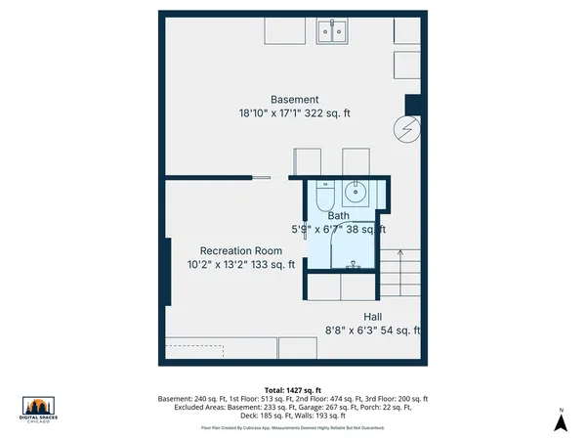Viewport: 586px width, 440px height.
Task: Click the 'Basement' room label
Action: pos(294,99)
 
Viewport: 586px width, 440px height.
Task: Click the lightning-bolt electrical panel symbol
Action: pos(405,128)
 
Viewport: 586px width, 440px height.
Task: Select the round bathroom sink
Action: pos(357,192)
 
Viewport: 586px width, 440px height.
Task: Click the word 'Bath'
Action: pos(338,216)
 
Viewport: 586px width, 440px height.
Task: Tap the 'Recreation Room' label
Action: pos(241,250)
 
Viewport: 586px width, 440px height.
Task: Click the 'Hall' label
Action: pos(372,317)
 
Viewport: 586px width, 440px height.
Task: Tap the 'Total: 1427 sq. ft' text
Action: pos(293,390)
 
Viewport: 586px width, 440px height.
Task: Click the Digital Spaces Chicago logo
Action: pos(37,411)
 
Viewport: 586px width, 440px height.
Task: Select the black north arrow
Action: pos(561,422)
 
